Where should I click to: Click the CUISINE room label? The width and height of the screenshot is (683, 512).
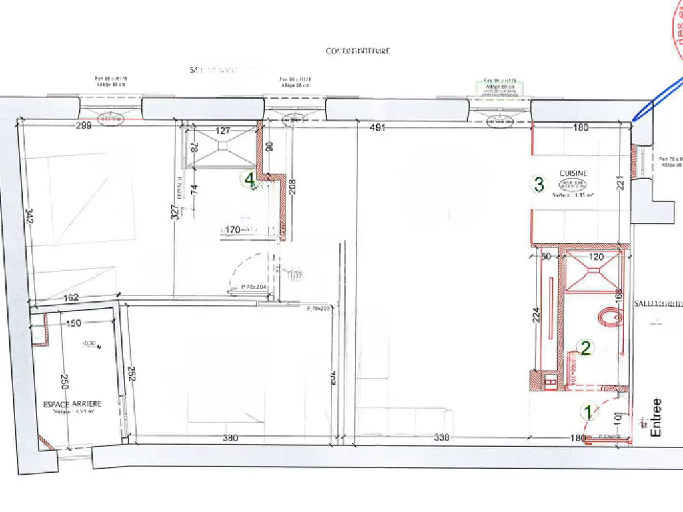pyautogui.click(x=573, y=173)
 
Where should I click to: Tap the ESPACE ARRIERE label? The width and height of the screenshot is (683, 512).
pyautogui.click(x=73, y=404)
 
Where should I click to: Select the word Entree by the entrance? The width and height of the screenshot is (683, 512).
pyautogui.click(x=656, y=417)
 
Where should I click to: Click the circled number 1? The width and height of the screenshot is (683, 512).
pyautogui.click(x=588, y=412)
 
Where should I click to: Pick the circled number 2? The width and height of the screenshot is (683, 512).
pyautogui.click(x=586, y=347)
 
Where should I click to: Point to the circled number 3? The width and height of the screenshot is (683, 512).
pyautogui.click(x=538, y=184)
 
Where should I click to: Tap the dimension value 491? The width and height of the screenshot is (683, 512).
pyautogui.click(x=378, y=128)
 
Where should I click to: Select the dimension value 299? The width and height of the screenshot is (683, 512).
pyautogui.click(x=83, y=125)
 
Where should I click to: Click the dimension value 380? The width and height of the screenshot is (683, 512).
pyautogui.click(x=229, y=438)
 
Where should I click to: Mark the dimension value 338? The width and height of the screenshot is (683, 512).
pyautogui.click(x=442, y=438)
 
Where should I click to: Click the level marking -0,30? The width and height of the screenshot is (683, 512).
pyautogui.click(x=89, y=344)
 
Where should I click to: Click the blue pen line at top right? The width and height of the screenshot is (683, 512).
pyautogui.click(x=657, y=97)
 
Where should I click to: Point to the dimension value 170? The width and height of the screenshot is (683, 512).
pyautogui.click(x=233, y=230)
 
